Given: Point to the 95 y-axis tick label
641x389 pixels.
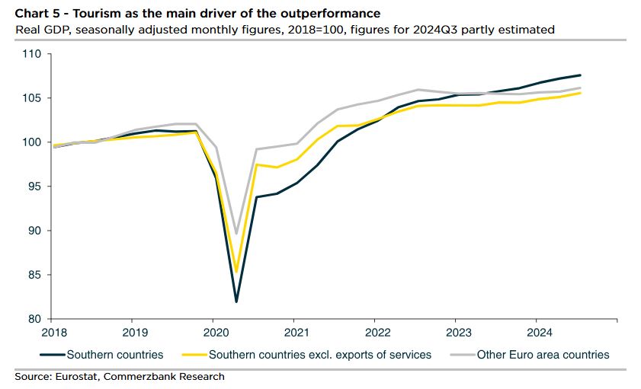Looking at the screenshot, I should tap(33, 187).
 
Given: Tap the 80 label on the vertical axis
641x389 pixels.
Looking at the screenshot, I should tap(33, 319).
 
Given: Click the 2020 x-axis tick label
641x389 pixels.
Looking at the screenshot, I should tap(213, 332).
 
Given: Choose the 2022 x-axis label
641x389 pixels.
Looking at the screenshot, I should tap(377, 332).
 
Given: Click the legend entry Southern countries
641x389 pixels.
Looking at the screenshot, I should tap(115, 354).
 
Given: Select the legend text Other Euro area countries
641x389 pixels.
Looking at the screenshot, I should tap(543, 354).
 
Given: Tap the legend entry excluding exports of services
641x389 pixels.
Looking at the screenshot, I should tap(320, 354).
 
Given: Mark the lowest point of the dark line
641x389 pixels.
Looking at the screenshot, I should tap(236, 302).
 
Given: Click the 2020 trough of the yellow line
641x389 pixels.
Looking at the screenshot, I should tap(236, 272).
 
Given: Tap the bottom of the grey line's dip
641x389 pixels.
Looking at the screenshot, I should tap(236, 234).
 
